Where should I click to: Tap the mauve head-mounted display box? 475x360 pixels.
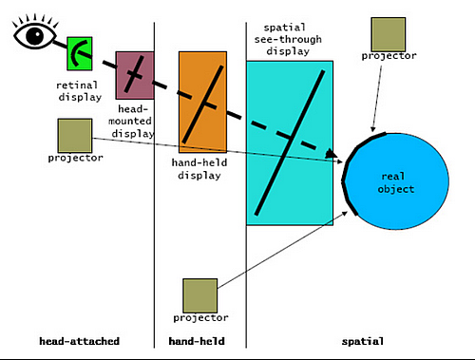pyautogui.click(x=135, y=75)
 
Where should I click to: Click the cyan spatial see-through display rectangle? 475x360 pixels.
pyautogui.click(x=290, y=142)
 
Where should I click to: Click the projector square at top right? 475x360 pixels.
pyautogui.click(x=389, y=33)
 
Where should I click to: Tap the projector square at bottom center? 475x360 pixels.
pyautogui.click(x=200, y=295)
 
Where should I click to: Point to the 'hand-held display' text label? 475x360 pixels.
pyautogui.click(x=199, y=169)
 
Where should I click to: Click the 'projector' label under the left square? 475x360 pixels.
pyautogui.click(x=74, y=158)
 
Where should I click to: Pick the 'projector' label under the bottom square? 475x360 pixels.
pyautogui.click(x=200, y=318)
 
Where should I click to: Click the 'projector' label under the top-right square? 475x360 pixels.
pyautogui.click(x=389, y=56)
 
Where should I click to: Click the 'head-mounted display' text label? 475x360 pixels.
pyautogui.click(x=134, y=118)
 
